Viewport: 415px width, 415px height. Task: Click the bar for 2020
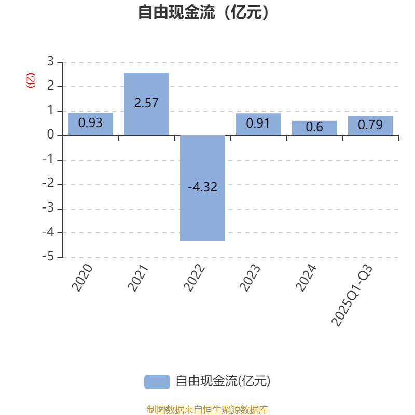[x=90, y=124]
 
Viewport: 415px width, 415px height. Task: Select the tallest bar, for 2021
[x=146, y=104]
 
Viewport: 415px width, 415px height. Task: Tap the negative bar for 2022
[x=202, y=188]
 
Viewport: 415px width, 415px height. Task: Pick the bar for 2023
[x=258, y=125]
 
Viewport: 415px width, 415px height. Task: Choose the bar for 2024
[x=314, y=128]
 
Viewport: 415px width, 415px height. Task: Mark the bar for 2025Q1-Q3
[x=370, y=126]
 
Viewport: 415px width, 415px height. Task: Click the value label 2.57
[x=146, y=103]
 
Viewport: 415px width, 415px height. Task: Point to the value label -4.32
[x=202, y=187]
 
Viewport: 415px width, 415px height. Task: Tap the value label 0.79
[x=370, y=125]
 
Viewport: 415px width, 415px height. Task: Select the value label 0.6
[x=314, y=127]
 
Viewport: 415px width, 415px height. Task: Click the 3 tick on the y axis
[x=50, y=62]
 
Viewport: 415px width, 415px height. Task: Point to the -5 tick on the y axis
[x=48, y=257]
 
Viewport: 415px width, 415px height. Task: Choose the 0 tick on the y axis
[x=50, y=135]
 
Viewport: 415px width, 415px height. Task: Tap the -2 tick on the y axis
[x=48, y=184]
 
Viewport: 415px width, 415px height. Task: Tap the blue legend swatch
[x=157, y=381]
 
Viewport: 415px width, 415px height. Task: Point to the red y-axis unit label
[x=31, y=80]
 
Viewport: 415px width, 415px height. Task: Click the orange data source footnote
[x=207, y=409]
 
